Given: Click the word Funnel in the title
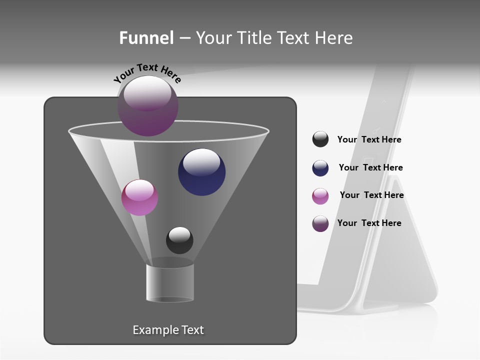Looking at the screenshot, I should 146,38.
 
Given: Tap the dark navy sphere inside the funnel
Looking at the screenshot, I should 201,172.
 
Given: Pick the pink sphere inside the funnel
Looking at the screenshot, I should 139,197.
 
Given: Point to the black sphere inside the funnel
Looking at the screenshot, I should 179,240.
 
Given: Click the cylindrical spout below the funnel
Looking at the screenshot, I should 170,283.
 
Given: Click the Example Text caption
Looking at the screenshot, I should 168,330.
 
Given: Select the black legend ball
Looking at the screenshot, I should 320,139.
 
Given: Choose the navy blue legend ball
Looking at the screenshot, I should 320,168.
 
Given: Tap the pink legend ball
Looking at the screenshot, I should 320,196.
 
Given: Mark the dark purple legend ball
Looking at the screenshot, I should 320,223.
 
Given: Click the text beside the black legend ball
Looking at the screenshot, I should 369,139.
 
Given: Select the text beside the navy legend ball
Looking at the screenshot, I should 370,167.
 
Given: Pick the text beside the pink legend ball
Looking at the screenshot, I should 371,195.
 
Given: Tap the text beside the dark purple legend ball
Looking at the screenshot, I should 369,223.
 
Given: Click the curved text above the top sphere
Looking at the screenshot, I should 147,72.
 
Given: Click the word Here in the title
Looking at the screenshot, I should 334,38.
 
